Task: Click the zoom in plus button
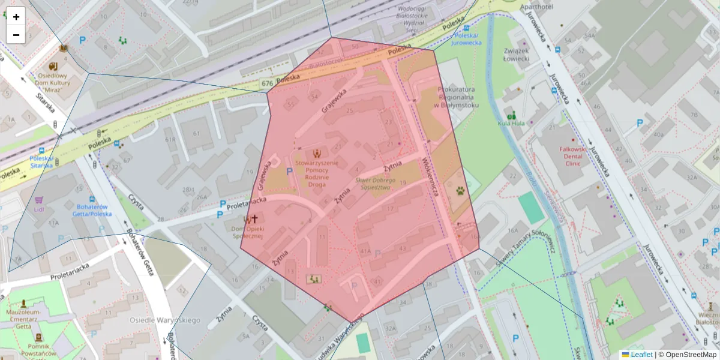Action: [16, 16]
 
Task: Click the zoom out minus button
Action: [16, 35]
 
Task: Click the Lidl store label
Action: [40, 209]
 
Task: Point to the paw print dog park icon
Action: [460, 191]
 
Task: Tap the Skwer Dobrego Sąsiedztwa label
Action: [375, 184]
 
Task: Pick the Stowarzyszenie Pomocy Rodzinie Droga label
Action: [316, 173]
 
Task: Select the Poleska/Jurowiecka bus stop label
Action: [466, 39]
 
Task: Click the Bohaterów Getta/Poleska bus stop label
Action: [92, 210]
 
